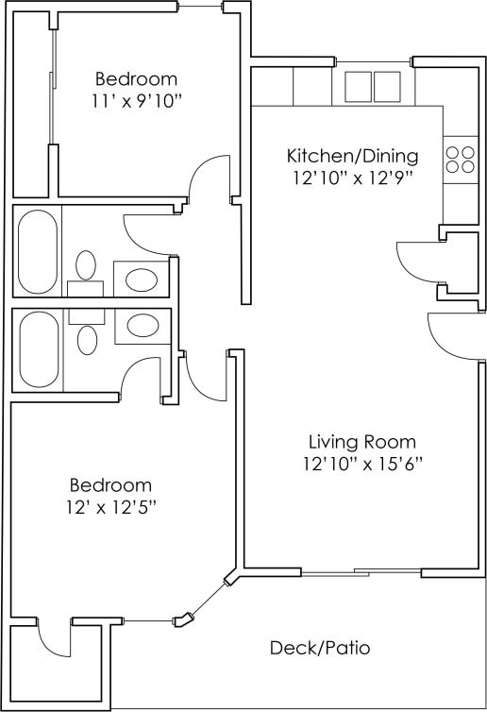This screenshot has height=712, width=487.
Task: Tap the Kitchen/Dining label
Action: (x=351, y=156)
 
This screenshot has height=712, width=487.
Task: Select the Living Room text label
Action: (x=362, y=442)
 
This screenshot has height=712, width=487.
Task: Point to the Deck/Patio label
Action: (x=320, y=648)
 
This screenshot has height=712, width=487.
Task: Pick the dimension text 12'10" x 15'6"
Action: (x=362, y=464)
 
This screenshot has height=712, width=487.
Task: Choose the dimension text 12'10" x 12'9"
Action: (x=351, y=177)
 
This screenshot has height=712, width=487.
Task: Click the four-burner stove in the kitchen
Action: (x=461, y=160)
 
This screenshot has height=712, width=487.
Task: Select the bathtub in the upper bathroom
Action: (x=38, y=249)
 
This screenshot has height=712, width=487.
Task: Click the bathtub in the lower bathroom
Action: (x=38, y=349)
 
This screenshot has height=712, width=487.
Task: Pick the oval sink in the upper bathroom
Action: (x=143, y=280)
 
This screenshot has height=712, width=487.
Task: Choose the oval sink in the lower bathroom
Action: (x=143, y=326)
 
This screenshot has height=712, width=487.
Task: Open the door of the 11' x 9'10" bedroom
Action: (x=210, y=178)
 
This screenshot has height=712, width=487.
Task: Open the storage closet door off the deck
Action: (x=54, y=640)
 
